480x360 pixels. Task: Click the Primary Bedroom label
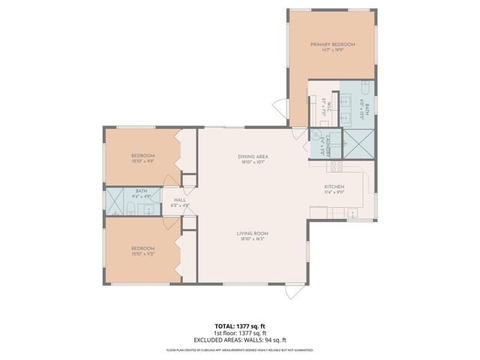333,45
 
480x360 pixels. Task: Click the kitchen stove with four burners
337,166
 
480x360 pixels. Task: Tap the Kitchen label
334,186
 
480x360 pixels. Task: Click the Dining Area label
253,156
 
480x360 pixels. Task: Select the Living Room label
253,233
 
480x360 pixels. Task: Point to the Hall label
180,199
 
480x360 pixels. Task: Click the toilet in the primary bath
365,87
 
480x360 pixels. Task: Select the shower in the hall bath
115,202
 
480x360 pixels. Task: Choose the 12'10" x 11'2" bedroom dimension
142,254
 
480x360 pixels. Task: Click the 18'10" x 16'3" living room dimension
253,240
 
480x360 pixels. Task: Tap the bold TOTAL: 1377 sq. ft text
239,326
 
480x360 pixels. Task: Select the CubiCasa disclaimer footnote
239,349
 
